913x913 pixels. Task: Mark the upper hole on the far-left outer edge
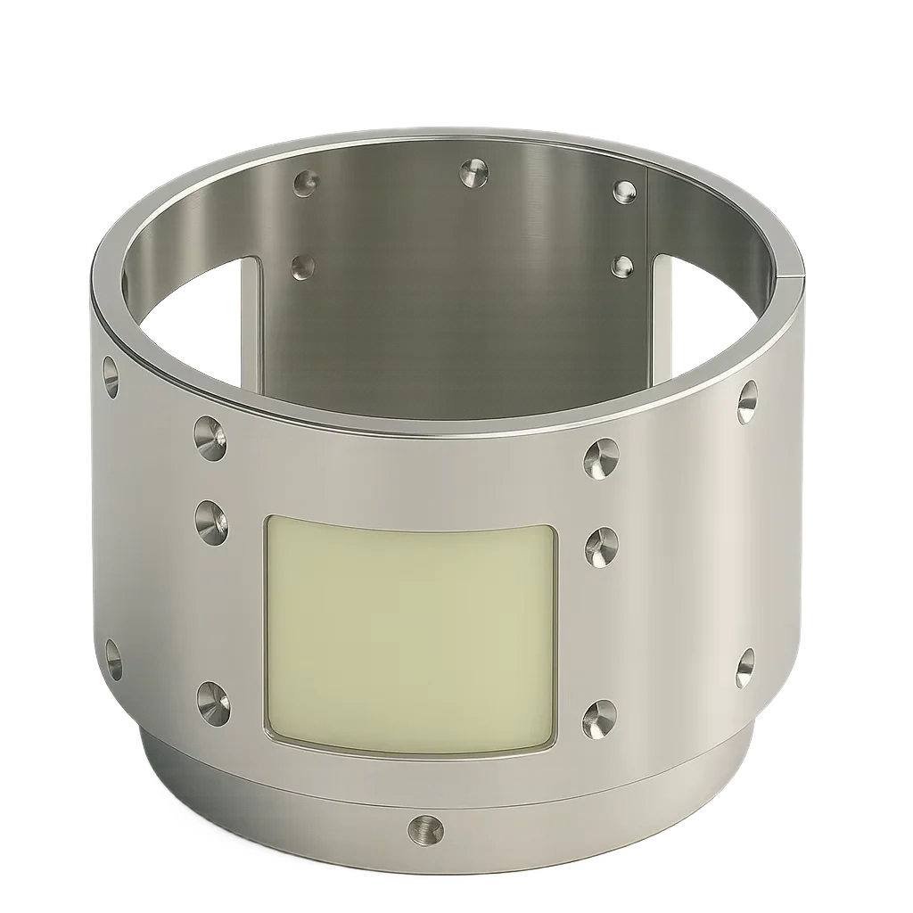tap(111, 376)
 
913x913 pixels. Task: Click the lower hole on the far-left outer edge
tap(113, 658)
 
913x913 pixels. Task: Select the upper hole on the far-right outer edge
tap(747, 401)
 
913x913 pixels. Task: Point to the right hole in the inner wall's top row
tap(623, 191)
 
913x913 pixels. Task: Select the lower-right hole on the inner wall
tap(622, 266)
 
